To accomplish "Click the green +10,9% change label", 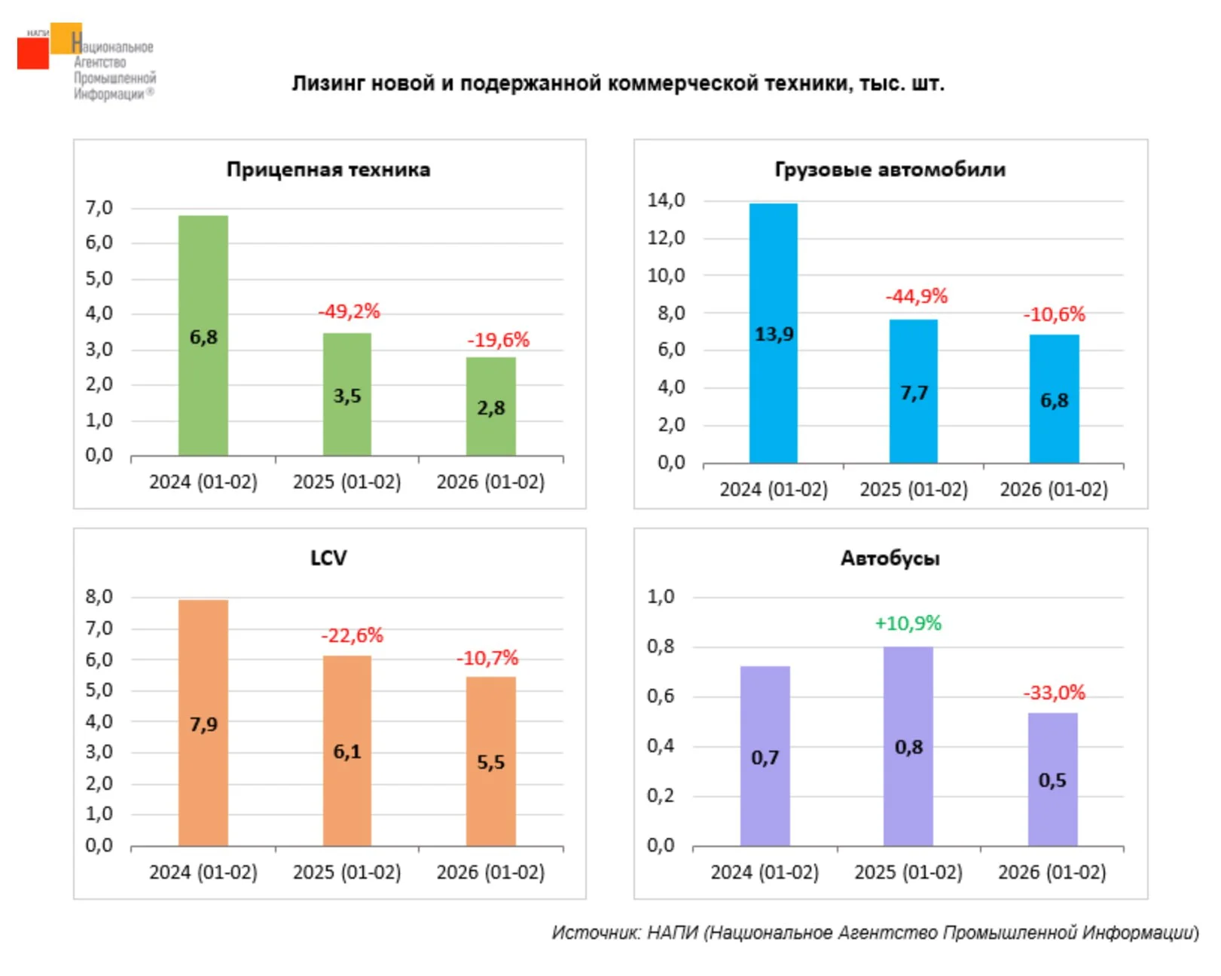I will (908, 623).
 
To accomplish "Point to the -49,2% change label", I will (349, 311).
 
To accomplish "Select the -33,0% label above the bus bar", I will (1054, 693).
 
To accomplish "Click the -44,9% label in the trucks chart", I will (916, 296).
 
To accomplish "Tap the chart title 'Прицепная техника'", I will (328, 170).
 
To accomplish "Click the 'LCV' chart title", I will (328, 558).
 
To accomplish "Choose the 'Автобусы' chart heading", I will (890, 558).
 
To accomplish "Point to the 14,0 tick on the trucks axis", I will (666, 200).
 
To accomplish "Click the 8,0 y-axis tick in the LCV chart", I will (99, 597).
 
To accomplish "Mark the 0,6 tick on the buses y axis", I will (661, 696).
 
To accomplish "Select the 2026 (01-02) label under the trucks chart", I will (1053, 490).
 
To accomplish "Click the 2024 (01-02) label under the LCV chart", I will (203, 872).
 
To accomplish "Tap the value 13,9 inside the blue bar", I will (774, 334).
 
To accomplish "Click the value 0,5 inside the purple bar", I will (1052, 780).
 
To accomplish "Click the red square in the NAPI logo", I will (32, 54).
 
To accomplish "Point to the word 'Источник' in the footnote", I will (596, 933).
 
